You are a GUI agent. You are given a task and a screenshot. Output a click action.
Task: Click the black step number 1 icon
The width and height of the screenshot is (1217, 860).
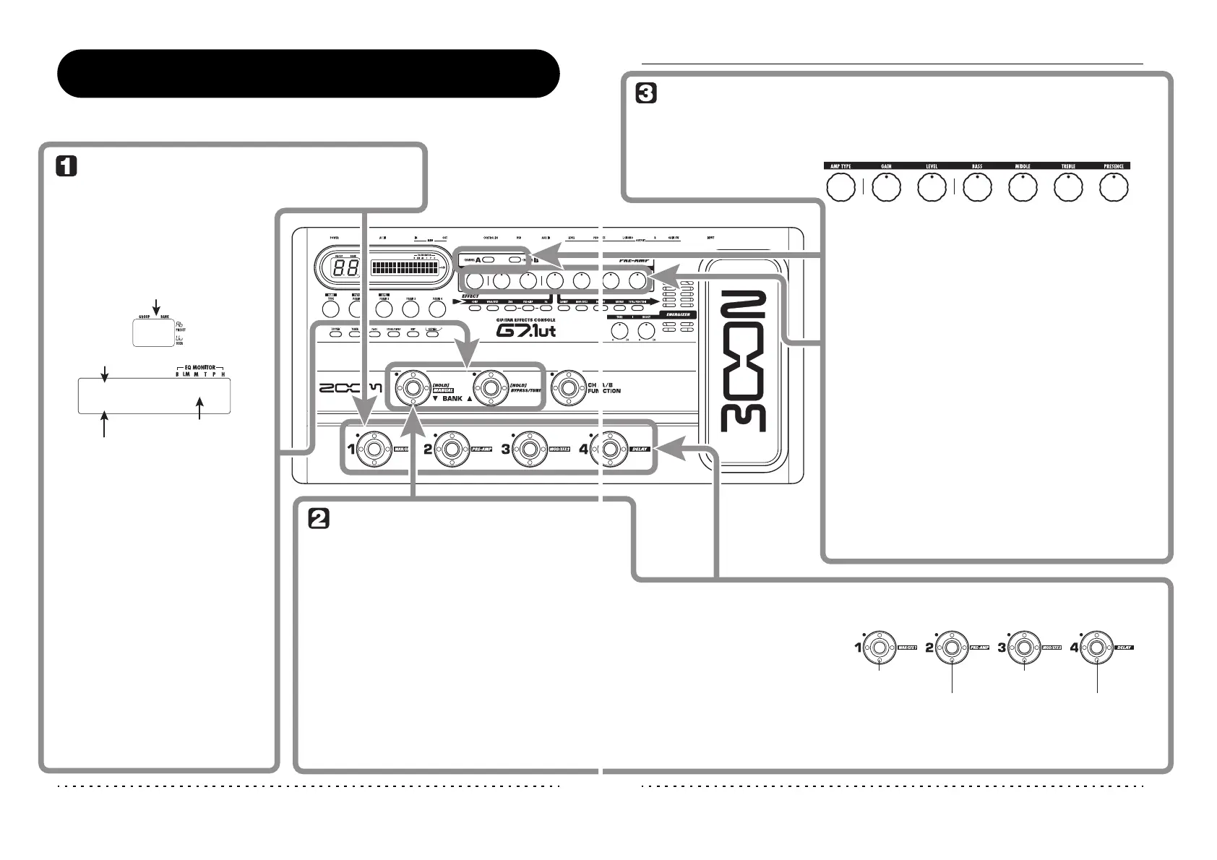pyautogui.click(x=66, y=168)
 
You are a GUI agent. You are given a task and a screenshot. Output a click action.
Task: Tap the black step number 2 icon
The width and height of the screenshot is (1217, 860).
pyautogui.click(x=319, y=518)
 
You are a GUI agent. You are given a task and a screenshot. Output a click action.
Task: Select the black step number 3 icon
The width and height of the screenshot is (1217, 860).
pyautogui.click(x=645, y=94)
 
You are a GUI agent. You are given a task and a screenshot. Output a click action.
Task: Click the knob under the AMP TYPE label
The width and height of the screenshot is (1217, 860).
pyautogui.click(x=840, y=188)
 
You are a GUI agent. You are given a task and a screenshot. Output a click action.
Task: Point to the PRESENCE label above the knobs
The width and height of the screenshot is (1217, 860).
pyautogui.click(x=1114, y=166)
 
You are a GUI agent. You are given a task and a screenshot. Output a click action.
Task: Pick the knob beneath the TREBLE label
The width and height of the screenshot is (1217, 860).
pyautogui.click(x=1068, y=188)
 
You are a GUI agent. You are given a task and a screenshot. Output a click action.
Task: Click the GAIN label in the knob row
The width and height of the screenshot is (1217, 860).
pyautogui.click(x=886, y=166)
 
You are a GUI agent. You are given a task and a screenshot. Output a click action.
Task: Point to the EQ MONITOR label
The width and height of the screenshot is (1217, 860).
pyautogui.click(x=200, y=368)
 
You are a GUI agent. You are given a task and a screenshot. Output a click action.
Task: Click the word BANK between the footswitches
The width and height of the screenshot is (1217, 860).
pyautogui.click(x=452, y=398)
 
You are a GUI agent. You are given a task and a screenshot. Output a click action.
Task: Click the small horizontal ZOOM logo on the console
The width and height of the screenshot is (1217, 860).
pyautogui.click(x=351, y=388)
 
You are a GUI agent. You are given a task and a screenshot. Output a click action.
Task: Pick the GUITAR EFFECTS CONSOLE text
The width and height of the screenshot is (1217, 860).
pyautogui.click(x=525, y=319)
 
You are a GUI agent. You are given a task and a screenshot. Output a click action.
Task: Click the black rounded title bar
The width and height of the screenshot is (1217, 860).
pyautogui.click(x=309, y=73)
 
